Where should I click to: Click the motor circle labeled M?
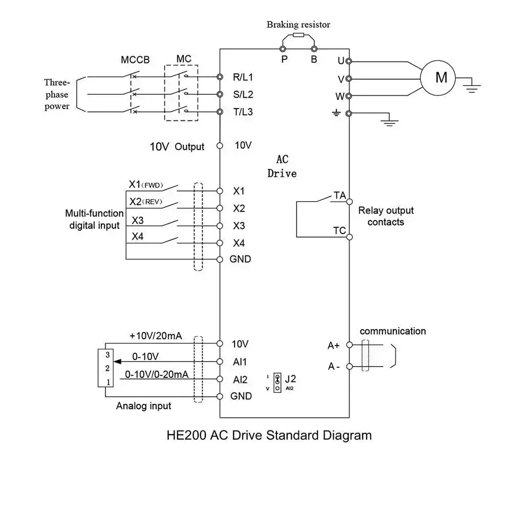pos(441,77)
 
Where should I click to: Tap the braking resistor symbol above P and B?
pos(298,35)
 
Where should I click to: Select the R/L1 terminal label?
pos(243,77)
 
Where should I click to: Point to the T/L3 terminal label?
pos(243,112)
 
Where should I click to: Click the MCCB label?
pos(135,59)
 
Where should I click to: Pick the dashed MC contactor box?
pos(181,93)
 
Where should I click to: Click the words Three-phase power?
pos(57,94)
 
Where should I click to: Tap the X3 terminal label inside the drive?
pos(239,225)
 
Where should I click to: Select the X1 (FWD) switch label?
pos(145,184)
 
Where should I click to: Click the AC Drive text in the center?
pos(282,167)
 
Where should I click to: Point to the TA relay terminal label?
pos(339,195)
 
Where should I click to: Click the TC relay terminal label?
pos(339,230)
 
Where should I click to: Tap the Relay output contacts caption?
pos(386,216)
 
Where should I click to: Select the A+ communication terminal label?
pos(334,346)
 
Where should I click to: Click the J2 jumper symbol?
pos(278,382)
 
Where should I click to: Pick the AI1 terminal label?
pos(240,362)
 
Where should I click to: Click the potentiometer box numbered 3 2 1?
pos(105,368)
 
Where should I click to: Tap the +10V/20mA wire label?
pos(156,336)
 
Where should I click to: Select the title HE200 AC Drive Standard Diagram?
pos(269,436)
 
